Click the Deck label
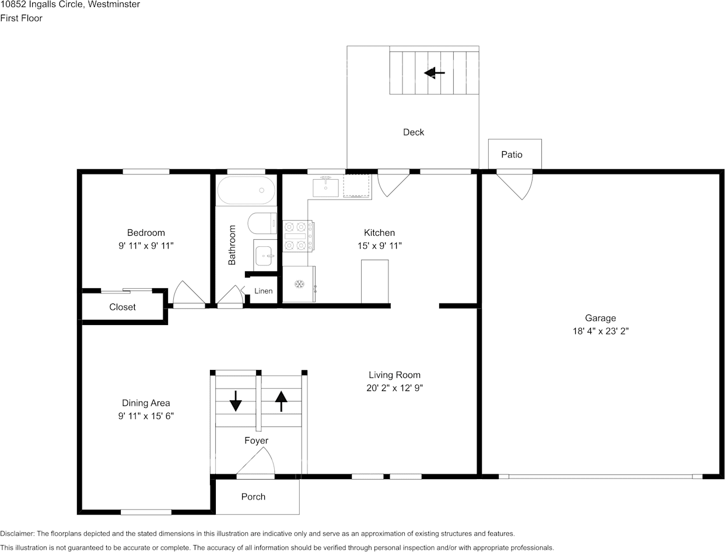(413, 132)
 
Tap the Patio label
(512, 155)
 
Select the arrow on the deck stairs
(435, 73)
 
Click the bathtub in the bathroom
(246, 190)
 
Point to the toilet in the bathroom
(262, 223)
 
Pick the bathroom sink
(265, 256)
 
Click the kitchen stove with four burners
(298, 236)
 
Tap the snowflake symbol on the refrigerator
(299, 284)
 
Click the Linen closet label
(263, 291)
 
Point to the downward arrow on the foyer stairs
(236, 401)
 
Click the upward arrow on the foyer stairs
(281, 401)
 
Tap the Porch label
(253, 497)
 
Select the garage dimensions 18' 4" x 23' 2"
(601, 331)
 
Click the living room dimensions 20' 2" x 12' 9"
(394, 388)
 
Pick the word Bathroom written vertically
(232, 245)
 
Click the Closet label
(122, 307)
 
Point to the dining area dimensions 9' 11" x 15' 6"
(146, 416)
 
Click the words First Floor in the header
(21, 18)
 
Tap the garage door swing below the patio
(515, 186)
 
